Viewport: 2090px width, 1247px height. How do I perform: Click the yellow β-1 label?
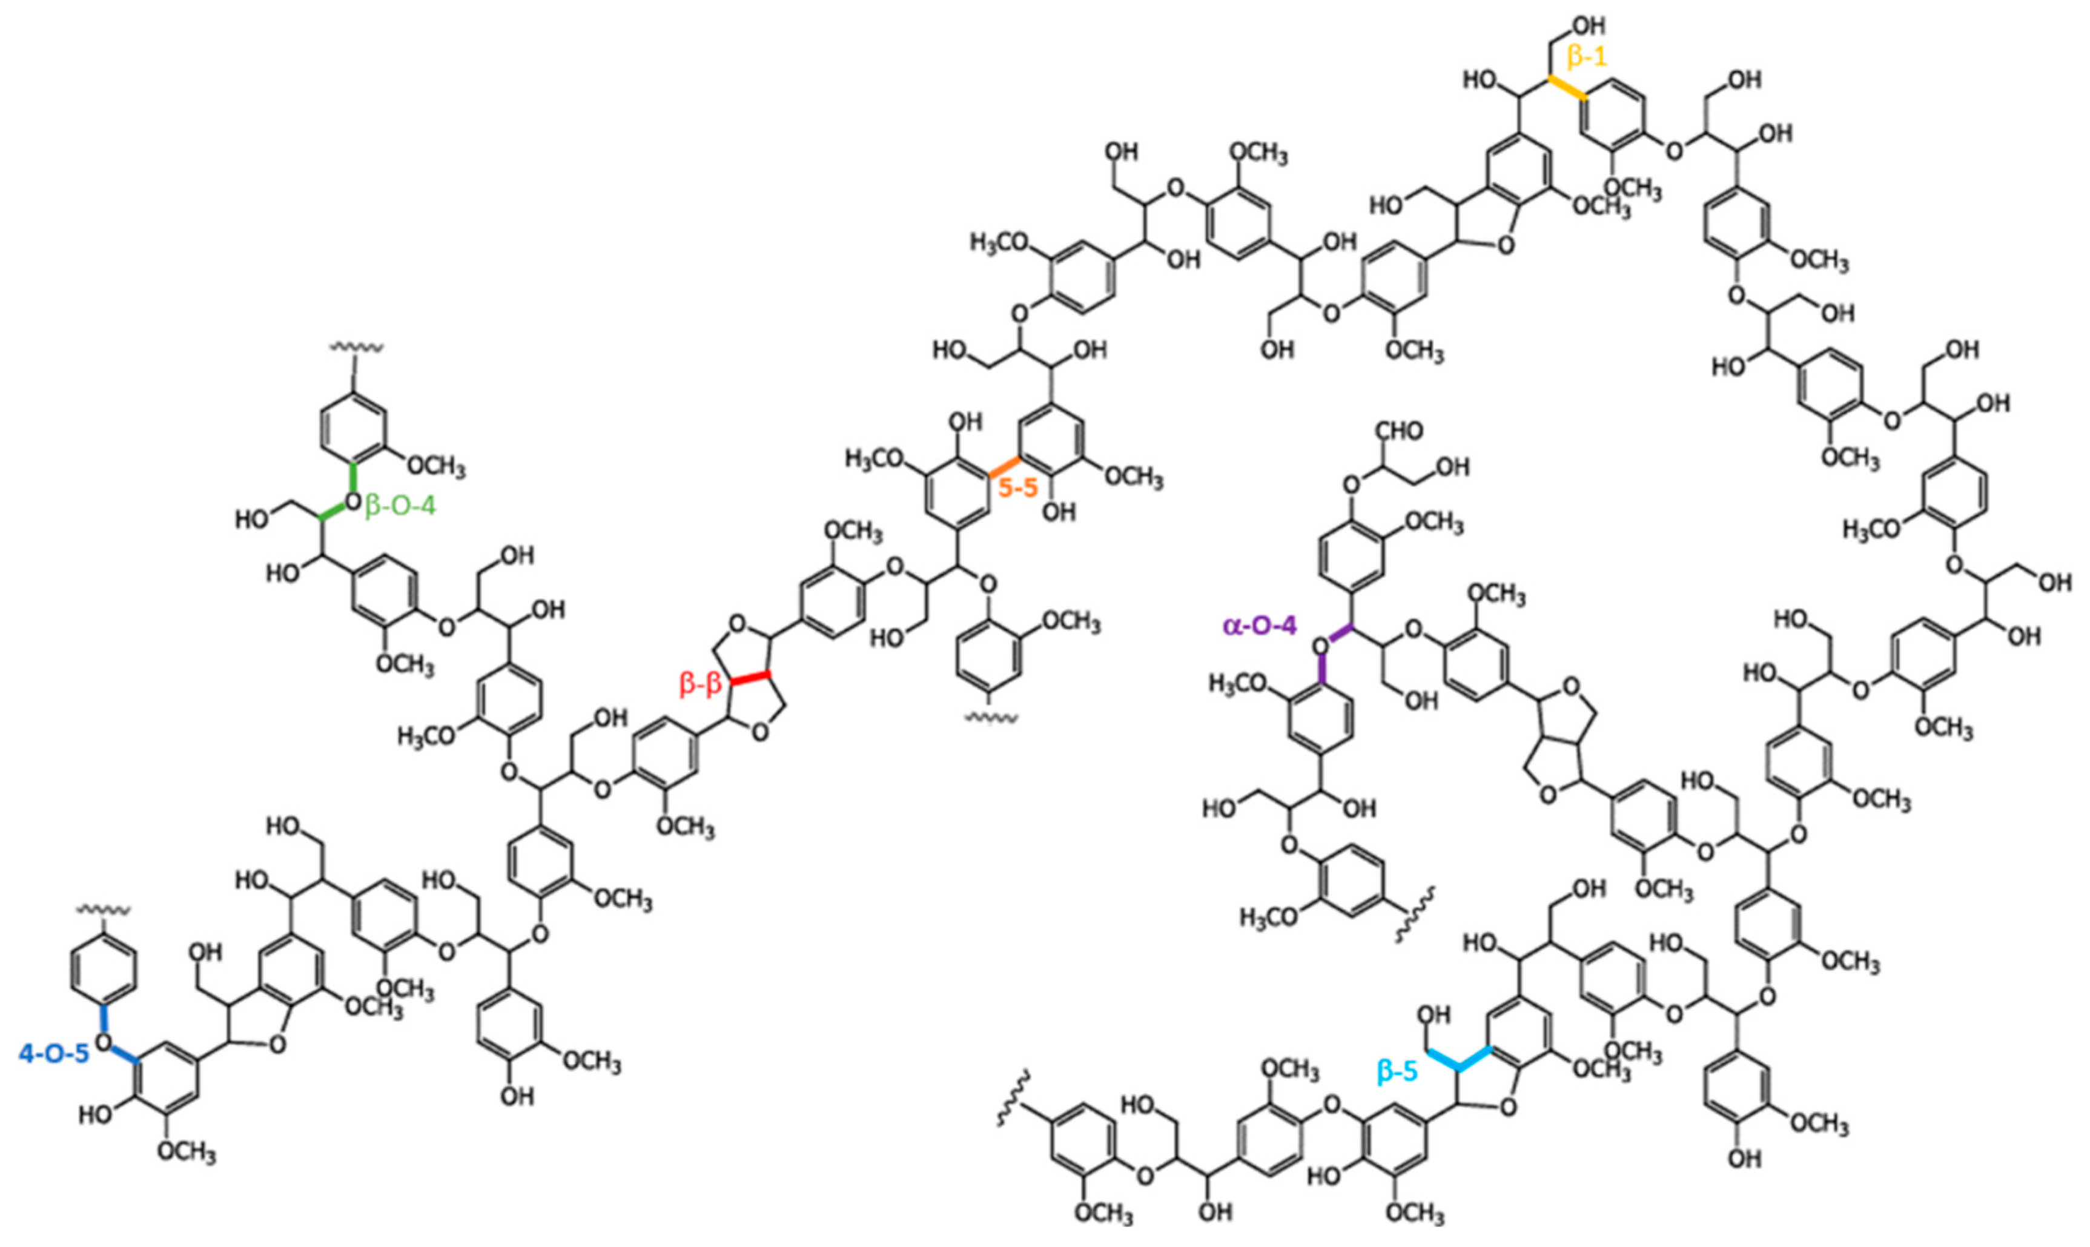1587,57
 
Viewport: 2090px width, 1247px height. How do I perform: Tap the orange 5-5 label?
1018,488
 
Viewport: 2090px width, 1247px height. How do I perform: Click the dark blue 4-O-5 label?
54,1053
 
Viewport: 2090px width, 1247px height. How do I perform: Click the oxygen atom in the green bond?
353,503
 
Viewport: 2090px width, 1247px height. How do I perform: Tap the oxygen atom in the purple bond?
1320,646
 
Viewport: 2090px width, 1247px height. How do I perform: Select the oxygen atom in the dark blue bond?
104,1042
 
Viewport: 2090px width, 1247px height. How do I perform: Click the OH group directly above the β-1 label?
1582,25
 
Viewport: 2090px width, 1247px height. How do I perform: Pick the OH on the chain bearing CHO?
1452,467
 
